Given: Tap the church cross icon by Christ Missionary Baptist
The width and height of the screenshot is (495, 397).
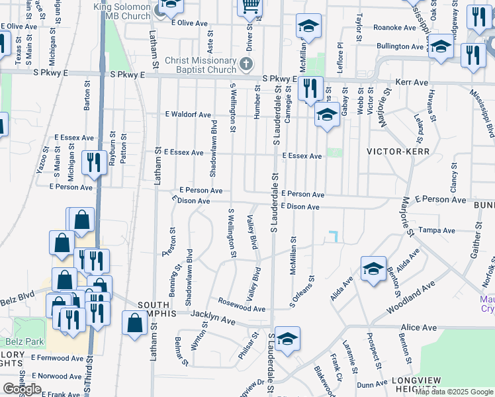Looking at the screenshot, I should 246,64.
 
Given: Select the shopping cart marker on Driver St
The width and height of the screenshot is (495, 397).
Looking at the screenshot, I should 250,8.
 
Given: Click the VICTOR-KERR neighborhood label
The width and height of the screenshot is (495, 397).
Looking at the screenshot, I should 398,152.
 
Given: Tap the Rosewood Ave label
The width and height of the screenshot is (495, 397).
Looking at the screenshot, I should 242,308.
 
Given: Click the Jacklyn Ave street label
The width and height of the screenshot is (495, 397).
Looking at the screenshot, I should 213,320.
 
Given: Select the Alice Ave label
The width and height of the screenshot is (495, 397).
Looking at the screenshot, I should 419,328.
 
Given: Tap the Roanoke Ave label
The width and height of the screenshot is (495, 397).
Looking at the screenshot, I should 394,27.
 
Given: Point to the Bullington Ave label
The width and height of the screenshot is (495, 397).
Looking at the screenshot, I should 400,46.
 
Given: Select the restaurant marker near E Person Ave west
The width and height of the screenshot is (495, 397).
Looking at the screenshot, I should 94,162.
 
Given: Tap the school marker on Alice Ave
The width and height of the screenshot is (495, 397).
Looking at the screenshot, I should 287,339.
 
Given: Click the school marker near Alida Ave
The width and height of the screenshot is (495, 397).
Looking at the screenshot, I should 373,269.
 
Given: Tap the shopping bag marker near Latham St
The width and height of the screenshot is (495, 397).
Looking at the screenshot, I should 134,324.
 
